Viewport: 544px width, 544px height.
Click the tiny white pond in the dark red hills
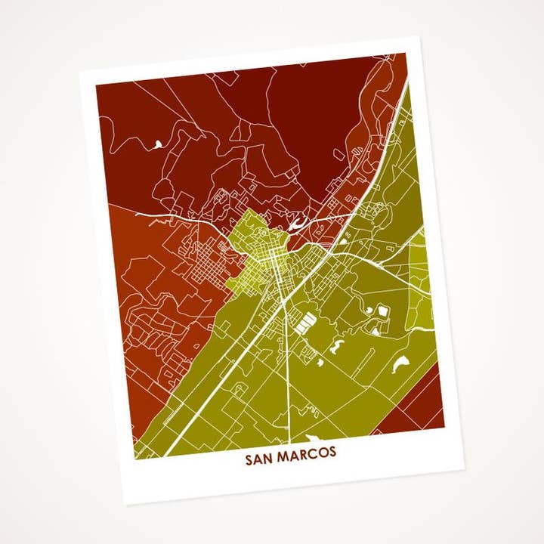click(157, 143)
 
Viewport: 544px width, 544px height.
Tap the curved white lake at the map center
click(296, 222)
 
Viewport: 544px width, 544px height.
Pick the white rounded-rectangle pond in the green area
click(382, 311)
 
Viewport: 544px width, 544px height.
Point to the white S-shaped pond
click(337, 346)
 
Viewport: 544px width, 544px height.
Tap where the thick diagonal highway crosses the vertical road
click(283, 300)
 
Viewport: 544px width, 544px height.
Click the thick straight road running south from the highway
click(288, 363)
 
